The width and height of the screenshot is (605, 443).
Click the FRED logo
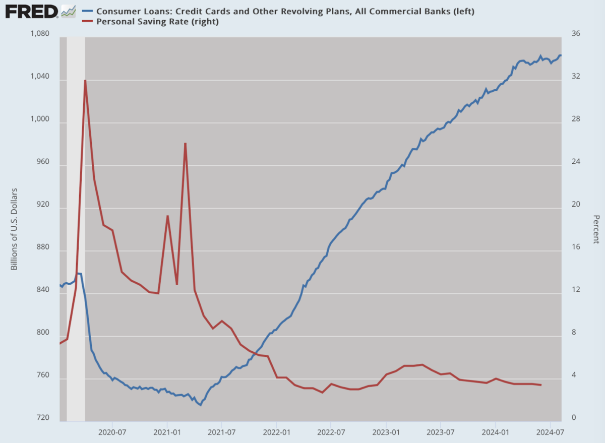31,11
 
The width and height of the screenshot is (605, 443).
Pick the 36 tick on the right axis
576,34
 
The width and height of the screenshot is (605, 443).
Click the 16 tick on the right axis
576,247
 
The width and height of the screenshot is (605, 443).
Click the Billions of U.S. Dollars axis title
14,229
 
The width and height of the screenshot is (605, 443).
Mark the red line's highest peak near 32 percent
85,80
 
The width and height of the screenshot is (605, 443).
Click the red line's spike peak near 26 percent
186,143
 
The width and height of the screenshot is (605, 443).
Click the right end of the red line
541,385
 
